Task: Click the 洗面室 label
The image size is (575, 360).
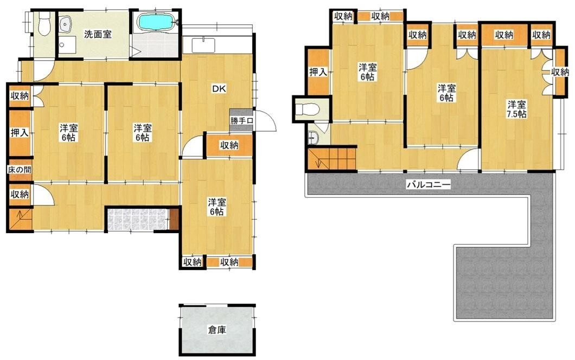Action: [98, 35]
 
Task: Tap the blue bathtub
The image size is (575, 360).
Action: [156, 22]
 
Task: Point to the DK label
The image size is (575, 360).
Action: [219, 88]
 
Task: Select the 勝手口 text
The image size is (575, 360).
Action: [241, 120]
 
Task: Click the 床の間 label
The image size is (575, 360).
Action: [20, 170]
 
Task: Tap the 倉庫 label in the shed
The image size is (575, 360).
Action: [217, 330]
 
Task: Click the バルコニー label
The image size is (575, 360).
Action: [429, 184]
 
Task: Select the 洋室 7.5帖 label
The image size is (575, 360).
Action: [516, 109]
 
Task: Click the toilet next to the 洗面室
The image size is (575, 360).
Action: [44, 24]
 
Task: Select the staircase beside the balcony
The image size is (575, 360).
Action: [331, 159]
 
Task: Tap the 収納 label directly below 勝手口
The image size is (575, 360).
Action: [229, 145]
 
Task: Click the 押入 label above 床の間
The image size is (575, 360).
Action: [20, 133]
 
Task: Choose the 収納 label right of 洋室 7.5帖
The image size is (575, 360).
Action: [560, 72]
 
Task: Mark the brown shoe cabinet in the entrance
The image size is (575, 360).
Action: [174, 219]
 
